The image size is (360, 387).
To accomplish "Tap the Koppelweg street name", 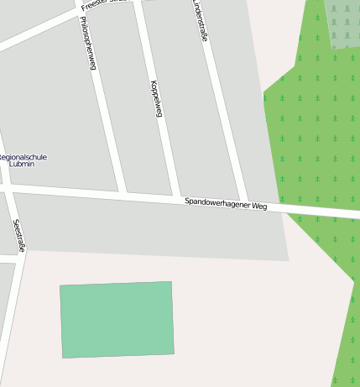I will (x=154, y=97).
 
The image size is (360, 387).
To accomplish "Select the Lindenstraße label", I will (x=200, y=21).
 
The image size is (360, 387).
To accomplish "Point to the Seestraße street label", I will (x=19, y=235).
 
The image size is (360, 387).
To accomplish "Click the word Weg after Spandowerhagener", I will (x=258, y=206).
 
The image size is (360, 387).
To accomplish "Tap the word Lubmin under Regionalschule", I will (x=21, y=165).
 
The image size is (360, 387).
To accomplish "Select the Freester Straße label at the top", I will (x=105, y=3).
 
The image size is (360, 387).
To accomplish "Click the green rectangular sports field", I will (x=117, y=320).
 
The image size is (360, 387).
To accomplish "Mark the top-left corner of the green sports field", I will (x=60, y=286).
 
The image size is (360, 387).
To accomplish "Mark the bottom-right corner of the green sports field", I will (x=174, y=353).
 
